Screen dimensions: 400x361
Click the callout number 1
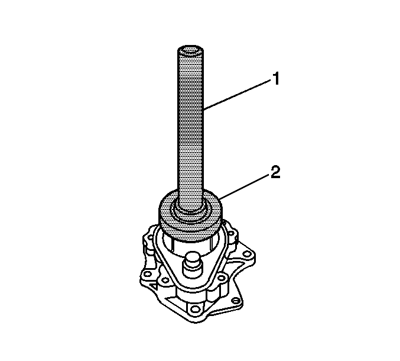[x=275, y=79]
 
